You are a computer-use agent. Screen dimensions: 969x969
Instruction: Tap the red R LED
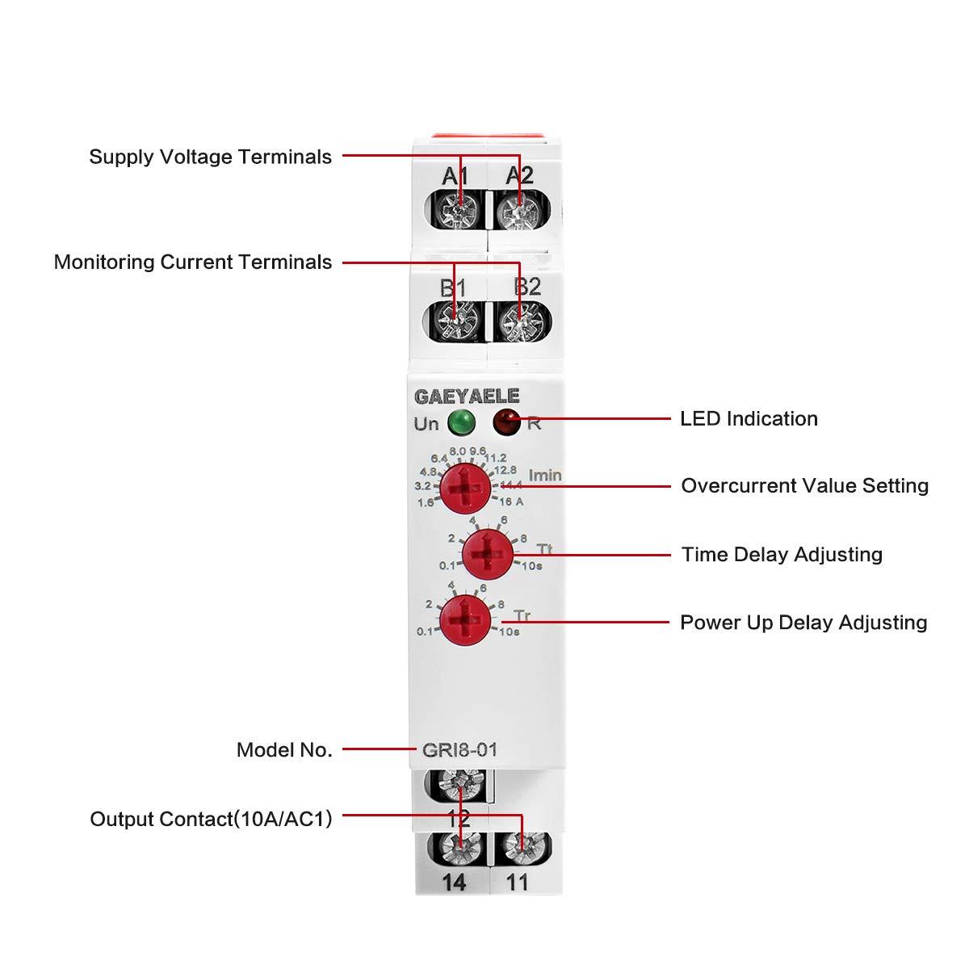(506, 421)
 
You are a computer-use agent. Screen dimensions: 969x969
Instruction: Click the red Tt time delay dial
(487, 553)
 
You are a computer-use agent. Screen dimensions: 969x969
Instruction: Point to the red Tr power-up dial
(465, 620)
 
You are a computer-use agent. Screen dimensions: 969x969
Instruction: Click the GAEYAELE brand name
(468, 396)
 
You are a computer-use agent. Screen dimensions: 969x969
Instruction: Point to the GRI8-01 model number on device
(459, 749)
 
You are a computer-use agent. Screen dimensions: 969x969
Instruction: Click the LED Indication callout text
(749, 418)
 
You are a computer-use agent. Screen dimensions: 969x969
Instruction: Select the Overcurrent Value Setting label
(804, 485)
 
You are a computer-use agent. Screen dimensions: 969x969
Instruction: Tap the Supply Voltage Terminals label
(210, 157)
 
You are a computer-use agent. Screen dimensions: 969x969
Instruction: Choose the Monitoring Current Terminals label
(193, 262)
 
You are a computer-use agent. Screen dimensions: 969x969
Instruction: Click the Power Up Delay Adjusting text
(803, 623)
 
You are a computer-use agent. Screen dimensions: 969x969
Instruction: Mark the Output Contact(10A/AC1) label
(211, 819)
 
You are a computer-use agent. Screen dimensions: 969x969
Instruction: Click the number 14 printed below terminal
(455, 883)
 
